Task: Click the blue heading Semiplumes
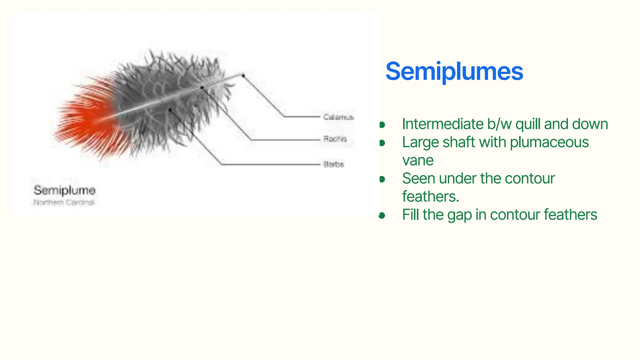click(x=454, y=72)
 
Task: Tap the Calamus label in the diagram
click(x=338, y=117)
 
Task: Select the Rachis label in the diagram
click(x=335, y=139)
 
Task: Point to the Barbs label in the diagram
click(x=334, y=164)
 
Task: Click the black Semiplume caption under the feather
click(x=64, y=190)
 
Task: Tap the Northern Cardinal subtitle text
click(x=64, y=202)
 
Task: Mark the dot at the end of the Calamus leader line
click(x=243, y=75)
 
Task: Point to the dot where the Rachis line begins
click(x=202, y=88)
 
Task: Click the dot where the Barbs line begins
click(x=170, y=110)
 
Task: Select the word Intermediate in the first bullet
click(x=442, y=124)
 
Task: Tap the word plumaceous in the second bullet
click(x=549, y=142)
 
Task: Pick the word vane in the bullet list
click(x=417, y=161)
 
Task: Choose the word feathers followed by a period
click(x=430, y=197)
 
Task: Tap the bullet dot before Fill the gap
click(x=382, y=215)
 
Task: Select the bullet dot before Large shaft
click(x=382, y=143)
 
